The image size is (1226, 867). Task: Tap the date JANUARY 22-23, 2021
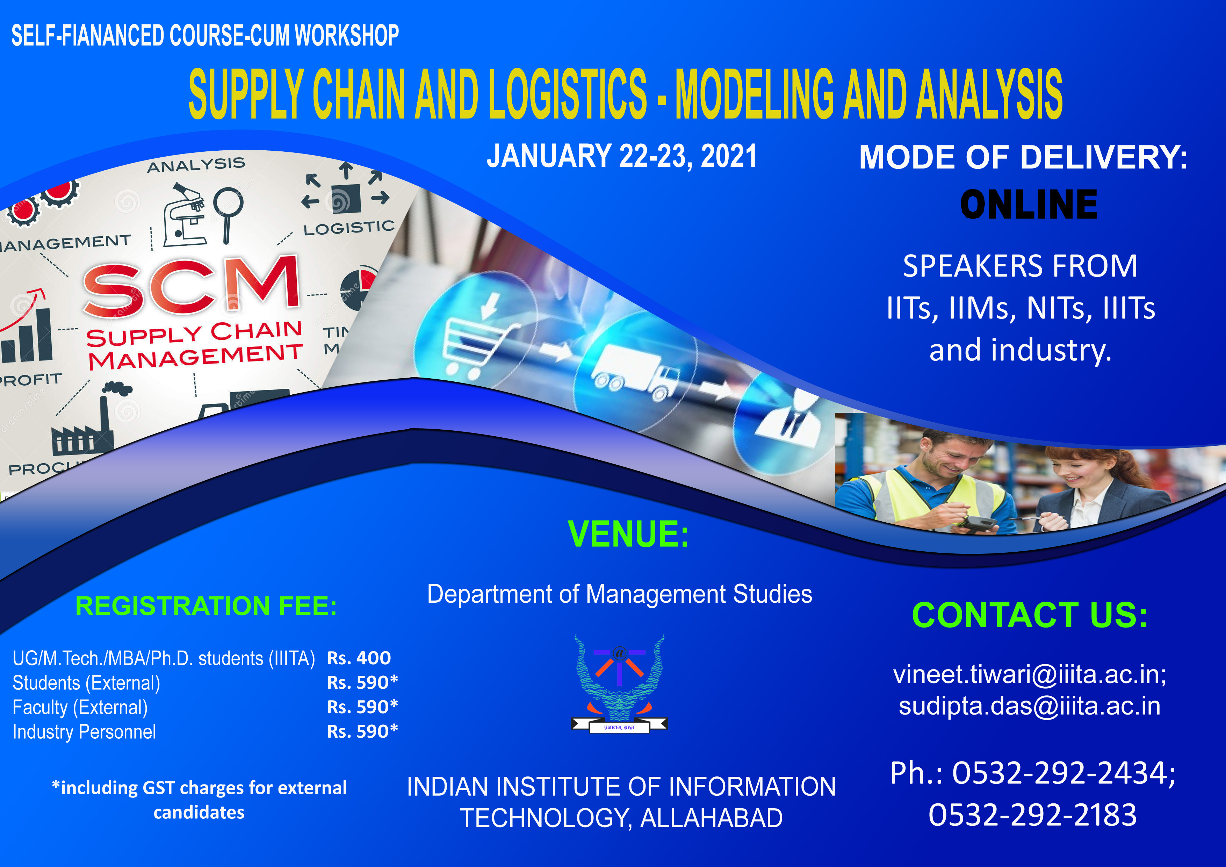[x=621, y=156]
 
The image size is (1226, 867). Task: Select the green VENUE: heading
[x=628, y=534]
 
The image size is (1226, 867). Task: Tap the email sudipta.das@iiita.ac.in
[x=1030, y=706]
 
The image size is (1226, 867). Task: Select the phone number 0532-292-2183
[x=1033, y=815]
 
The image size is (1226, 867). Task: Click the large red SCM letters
[x=191, y=287]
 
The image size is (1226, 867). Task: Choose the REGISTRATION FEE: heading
[x=206, y=606]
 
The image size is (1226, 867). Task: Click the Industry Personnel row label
[x=84, y=732]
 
